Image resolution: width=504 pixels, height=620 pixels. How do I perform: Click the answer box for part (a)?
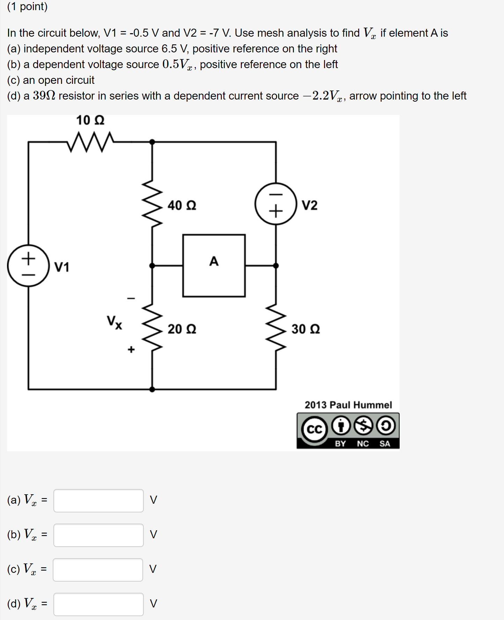[98, 501]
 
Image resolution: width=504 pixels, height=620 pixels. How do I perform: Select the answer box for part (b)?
[98, 535]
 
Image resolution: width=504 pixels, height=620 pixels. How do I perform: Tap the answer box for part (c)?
[98, 570]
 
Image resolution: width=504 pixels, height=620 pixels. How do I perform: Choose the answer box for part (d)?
[98, 604]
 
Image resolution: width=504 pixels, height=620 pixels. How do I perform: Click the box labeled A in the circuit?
[214, 265]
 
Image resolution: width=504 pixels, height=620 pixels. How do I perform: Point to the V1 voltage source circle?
[28, 266]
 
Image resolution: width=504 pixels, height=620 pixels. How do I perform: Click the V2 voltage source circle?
[276, 204]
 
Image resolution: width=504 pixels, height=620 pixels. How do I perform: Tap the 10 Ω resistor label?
[90, 120]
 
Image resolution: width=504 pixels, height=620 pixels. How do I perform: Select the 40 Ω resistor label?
[182, 205]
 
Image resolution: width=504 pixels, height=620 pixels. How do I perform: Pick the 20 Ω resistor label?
[182, 329]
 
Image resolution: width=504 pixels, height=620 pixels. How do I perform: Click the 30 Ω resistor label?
[306, 329]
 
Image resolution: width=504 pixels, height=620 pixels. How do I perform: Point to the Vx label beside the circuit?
[114, 322]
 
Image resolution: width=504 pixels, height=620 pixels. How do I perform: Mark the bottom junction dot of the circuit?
[152, 389]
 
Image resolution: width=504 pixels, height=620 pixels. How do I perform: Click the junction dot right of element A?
[276, 265]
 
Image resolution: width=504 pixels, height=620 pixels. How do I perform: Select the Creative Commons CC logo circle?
[314, 429]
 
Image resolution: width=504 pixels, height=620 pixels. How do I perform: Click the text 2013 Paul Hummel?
[348, 405]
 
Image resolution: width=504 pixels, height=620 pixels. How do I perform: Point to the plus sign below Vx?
[131, 349]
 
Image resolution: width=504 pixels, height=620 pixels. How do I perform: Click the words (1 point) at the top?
[27, 6]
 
